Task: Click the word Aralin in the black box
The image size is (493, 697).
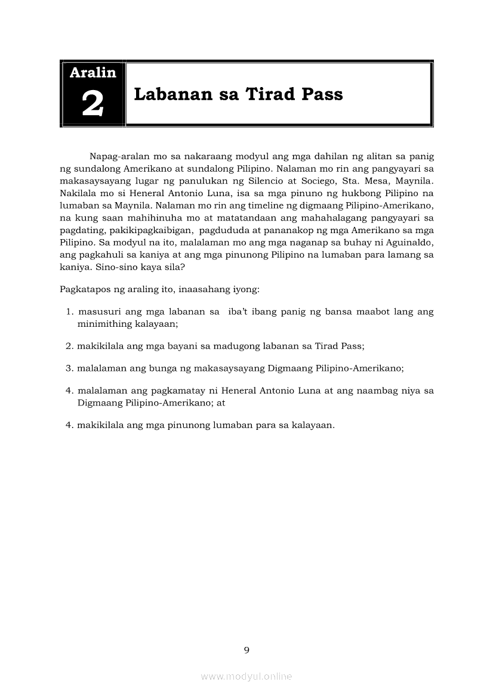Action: point(93,73)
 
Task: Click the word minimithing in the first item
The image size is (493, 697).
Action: point(103,324)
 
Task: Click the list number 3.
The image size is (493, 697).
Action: point(69,368)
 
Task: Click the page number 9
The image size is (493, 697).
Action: point(246,650)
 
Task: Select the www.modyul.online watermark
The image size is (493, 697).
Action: point(246,677)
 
